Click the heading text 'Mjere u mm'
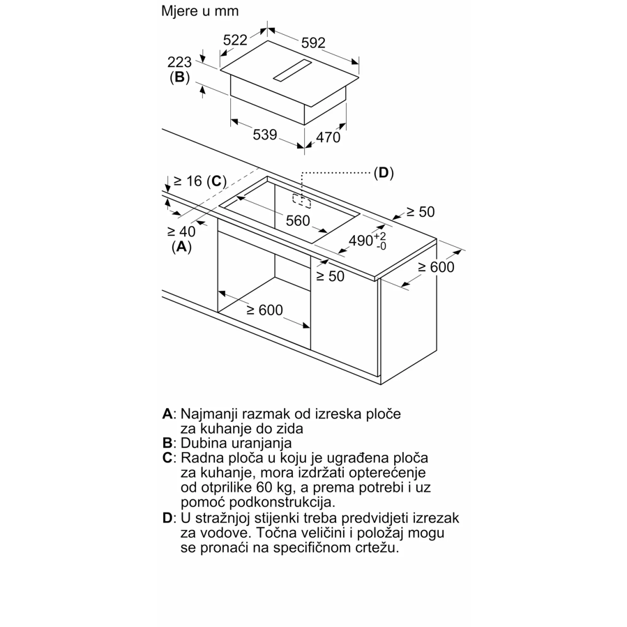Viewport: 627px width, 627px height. click(x=199, y=10)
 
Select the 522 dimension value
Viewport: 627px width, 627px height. click(x=235, y=40)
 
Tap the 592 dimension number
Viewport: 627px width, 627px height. click(x=313, y=43)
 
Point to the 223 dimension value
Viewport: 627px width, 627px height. click(x=179, y=62)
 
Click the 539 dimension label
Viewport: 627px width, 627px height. click(x=265, y=135)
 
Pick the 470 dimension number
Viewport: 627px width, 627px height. click(x=328, y=137)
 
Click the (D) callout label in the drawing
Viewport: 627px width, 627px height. click(x=384, y=173)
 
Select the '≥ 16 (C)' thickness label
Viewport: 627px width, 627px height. click(x=200, y=181)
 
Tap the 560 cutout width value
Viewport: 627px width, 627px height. click(x=298, y=220)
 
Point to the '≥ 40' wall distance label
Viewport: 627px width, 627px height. click(x=181, y=231)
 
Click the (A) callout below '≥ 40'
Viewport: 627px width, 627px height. click(x=181, y=247)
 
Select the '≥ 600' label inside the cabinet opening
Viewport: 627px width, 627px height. click(x=264, y=310)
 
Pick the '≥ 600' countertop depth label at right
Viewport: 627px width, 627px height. click(x=436, y=266)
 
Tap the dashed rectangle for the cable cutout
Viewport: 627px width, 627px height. click(x=301, y=201)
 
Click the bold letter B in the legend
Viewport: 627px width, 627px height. click(x=167, y=443)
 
